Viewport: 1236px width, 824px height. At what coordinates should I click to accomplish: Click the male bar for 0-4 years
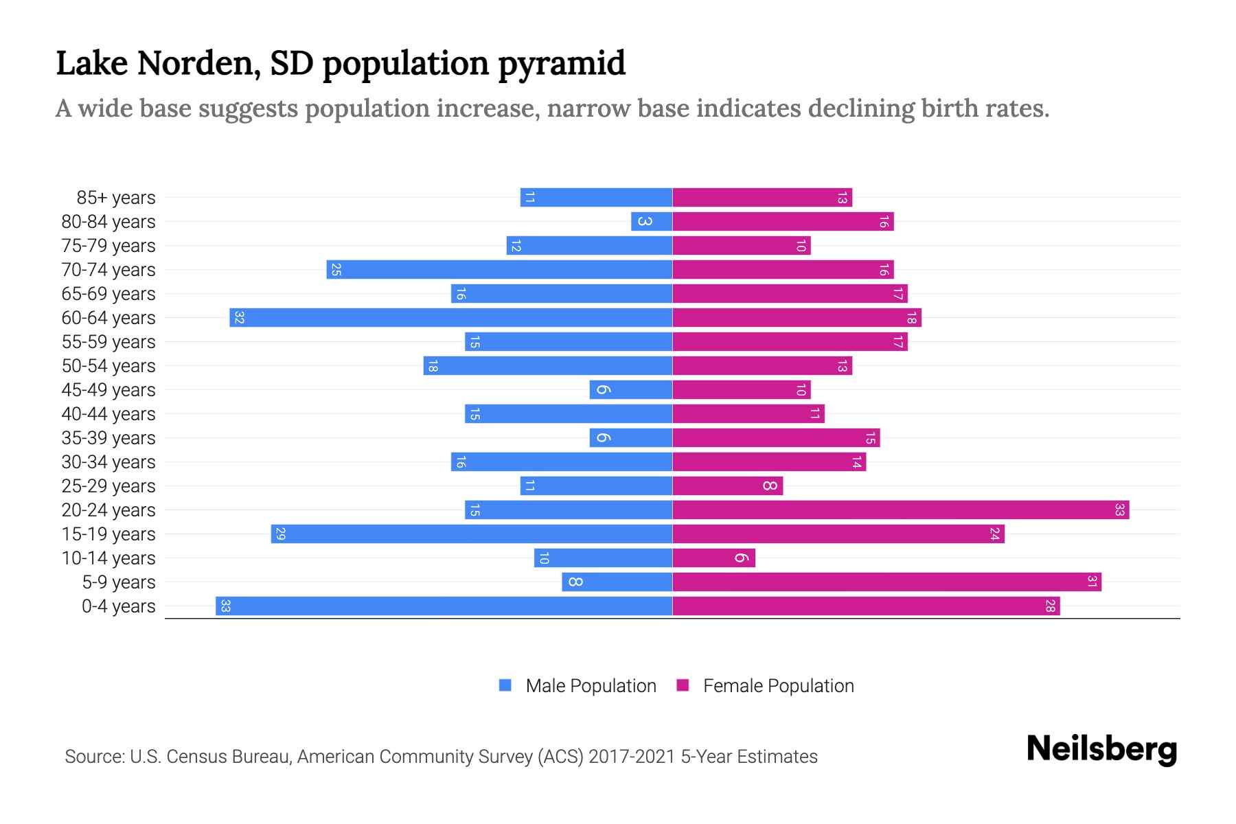point(444,606)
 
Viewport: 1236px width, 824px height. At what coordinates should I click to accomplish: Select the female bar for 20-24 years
point(900,510)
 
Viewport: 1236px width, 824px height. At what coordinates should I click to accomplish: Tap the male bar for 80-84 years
point(652,222)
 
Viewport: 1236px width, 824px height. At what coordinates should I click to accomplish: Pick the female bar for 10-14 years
point(713,558)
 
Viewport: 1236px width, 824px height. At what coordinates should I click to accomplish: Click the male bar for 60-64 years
point(450,318)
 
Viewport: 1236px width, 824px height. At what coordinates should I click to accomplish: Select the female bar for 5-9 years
point(886,582)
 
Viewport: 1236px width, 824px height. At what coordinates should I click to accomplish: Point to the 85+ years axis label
point(116,198)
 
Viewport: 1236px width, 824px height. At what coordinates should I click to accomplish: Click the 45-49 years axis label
point(108,390)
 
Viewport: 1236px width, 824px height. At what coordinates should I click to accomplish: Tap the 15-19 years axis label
point(108,534)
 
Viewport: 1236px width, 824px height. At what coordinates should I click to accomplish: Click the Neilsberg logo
point(1101,749)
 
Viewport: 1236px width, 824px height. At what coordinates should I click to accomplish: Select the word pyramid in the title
point(561,63)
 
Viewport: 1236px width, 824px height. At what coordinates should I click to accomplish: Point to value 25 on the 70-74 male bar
point(336,270)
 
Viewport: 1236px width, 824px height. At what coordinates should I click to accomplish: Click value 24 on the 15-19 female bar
point(994,534)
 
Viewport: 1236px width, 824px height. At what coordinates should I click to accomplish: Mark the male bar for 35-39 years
point(630,438)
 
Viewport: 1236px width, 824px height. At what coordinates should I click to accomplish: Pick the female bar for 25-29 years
point(727,486)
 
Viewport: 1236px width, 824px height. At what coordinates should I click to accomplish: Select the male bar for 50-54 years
point(547,366)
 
